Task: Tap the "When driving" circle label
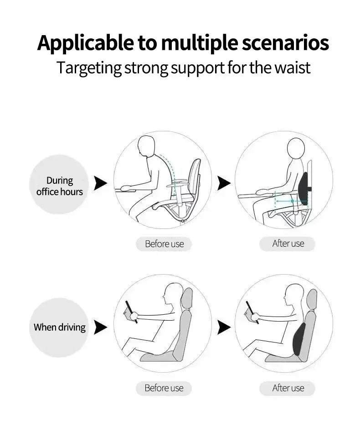[60, 327]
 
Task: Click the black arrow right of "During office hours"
[100, 183]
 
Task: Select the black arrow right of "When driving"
[100, 327]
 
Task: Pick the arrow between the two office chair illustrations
[224, 183]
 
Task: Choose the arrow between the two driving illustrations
[224, 327]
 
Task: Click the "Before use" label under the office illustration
[164, 244]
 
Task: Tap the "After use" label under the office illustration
[288, 244]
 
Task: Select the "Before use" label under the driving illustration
[164, 388]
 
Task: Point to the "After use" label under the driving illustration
[288, 388]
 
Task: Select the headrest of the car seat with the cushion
[311, 299]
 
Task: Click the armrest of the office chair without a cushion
[179, 183]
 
